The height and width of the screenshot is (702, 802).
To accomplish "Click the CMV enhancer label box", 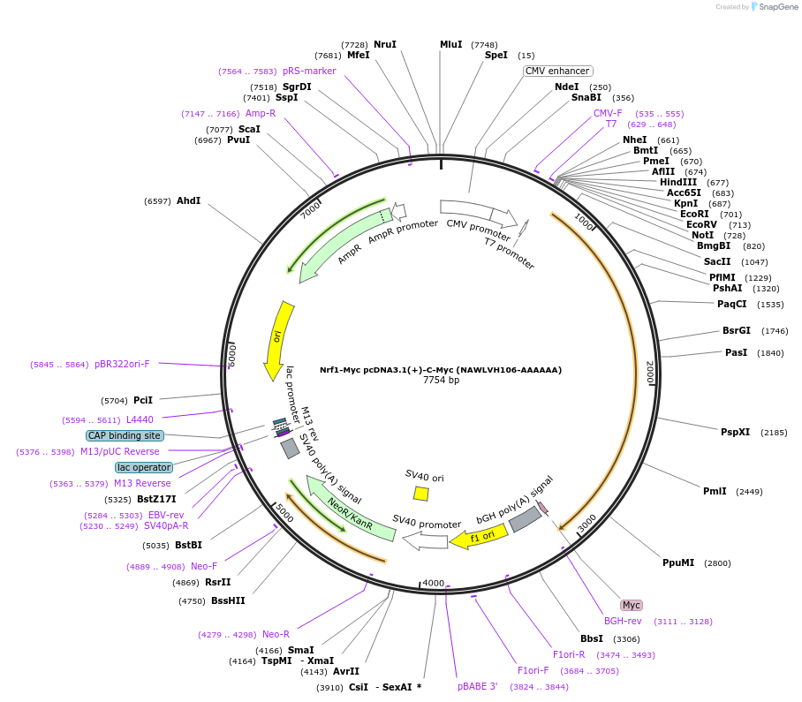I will point(558,71).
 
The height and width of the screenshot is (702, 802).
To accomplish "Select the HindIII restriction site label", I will point(678,182).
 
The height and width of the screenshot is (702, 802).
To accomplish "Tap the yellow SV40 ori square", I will point(421,494).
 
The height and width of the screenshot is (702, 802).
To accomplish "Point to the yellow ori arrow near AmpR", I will point(278,340).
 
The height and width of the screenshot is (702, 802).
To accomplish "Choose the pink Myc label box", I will point(632,605).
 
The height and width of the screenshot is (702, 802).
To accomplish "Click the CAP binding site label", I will point(125,435).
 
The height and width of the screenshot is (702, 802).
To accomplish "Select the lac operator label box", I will point(143,467).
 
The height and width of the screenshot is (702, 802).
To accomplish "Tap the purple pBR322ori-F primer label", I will point(122,364).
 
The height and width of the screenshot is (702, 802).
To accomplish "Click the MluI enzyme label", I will point(450,44).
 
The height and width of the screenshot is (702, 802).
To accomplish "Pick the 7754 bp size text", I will point(441,381).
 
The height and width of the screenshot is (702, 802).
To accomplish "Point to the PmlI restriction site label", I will point(715,491).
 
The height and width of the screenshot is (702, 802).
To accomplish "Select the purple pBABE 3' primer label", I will point(477,686).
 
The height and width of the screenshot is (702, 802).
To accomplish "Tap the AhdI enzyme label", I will point(188,200).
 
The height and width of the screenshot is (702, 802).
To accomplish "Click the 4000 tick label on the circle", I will point(433,583).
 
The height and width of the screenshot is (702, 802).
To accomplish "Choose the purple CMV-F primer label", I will point(608,113).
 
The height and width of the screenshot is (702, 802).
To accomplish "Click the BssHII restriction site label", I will point(228,600).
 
